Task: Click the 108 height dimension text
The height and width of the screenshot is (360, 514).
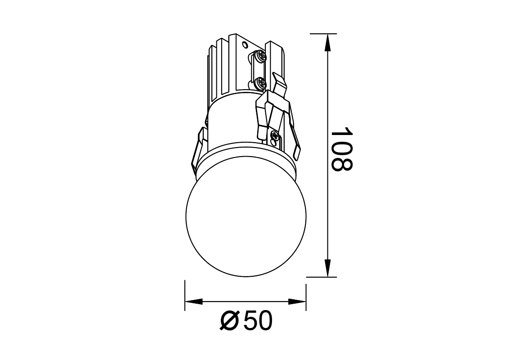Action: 342,149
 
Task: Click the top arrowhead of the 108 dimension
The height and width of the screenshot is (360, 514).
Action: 327,43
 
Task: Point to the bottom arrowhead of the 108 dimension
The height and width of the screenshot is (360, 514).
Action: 327,268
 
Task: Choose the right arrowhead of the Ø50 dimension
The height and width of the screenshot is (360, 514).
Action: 297,301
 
